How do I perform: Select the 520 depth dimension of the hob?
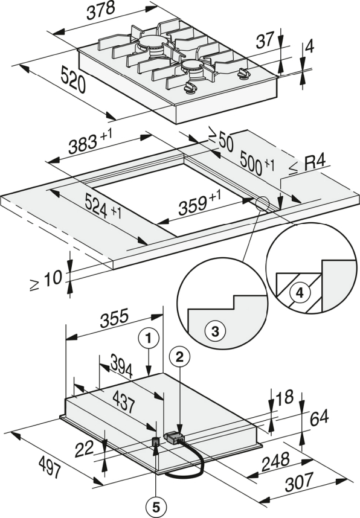(x=73, y=79)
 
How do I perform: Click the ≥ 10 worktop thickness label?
(x=46, y=281)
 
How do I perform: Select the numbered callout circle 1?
(x=149, y=338)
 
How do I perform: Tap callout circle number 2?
(x=179, y=357)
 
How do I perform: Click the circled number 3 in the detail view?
(x=215, y=331)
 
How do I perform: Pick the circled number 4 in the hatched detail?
(x=299, y=293)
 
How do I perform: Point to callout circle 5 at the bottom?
(x=156, y=506)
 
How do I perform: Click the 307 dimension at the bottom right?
(x=299, y=482)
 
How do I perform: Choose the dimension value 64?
(x=320, y=418)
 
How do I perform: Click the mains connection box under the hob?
(x=174, y=438)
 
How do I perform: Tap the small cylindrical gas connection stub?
(x=156, y=441)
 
